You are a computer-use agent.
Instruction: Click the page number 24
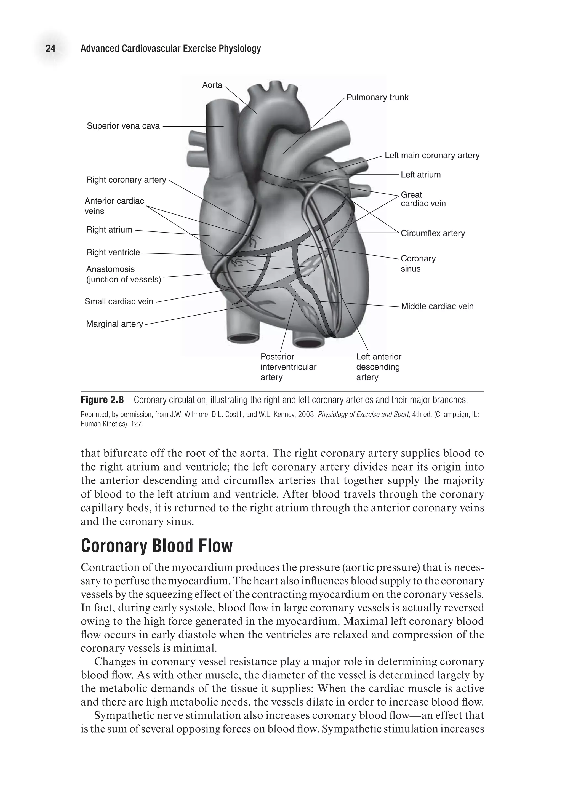pos(50,49)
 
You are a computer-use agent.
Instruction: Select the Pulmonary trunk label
pos(377,97)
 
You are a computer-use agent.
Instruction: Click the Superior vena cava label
pos(123,126)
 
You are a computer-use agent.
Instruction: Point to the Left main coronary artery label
pos(432,155)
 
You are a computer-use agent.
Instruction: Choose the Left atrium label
pos(420,175)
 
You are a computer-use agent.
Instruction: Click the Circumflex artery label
pos(433,233)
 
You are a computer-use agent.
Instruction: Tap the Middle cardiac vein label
pos(437,306)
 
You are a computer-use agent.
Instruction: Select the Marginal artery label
pos(114,324)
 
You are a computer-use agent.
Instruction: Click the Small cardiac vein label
pos(119,301)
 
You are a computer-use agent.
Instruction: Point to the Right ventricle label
pos(113,252)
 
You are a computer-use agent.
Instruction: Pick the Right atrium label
pos(109,230)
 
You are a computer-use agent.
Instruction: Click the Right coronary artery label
pos(126,180)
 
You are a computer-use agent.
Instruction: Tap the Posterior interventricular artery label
pos(288,367)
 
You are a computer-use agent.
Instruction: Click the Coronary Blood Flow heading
pos(156,546)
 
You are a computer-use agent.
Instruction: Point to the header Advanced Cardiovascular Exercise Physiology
pos(170,49)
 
